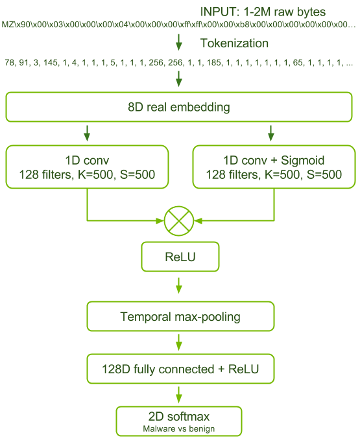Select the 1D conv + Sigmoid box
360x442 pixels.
pyautogui.click(x=273, y=167)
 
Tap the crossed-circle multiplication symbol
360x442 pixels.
pyautogui.click(x=178, y=222)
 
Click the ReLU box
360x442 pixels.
pyautogui.click(x=178, y=258)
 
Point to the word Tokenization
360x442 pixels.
pyautogui.click(x=234, y=43)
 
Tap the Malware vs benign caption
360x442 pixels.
pyautogui.click(x=178, y=428)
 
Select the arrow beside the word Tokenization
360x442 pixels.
pyautogui.click(x=180, y=43)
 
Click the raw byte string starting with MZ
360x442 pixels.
pyautogui.click(x=178, y=25)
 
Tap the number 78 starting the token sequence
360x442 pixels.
pyautogui.click(x=10, y=64)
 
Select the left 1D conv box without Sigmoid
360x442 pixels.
pyautogui.click(x=86, y=167)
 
